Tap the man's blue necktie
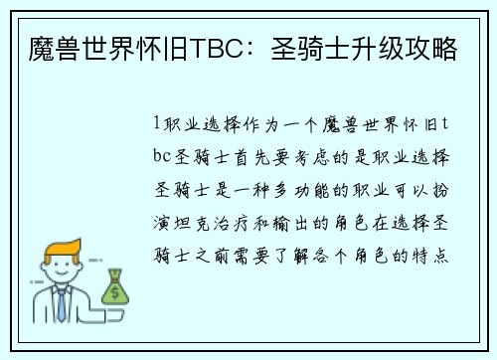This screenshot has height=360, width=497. [61, 304]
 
